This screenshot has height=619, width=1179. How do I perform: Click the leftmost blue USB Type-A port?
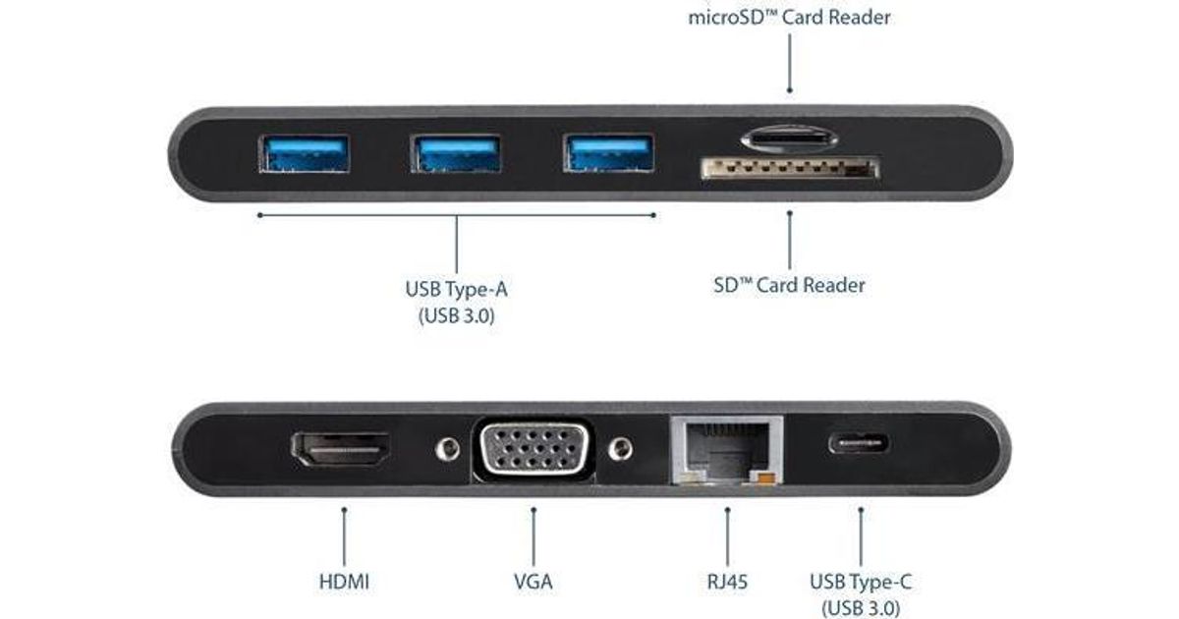(304, 154)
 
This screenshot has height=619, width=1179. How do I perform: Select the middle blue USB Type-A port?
(456, 154)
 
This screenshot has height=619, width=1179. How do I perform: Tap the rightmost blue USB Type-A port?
(609, 154)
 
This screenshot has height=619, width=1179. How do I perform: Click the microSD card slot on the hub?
(789, 135)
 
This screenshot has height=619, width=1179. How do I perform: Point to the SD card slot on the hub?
(789, 170)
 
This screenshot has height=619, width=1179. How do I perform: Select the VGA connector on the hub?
(533, 449)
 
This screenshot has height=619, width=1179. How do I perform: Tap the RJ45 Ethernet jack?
(726, 450)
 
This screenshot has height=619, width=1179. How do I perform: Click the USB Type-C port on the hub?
(860, 442)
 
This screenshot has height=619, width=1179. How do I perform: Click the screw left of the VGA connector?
(448, 449)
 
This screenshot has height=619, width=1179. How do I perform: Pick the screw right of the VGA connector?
(619, 449)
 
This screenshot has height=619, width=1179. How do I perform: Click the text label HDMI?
(344, 581)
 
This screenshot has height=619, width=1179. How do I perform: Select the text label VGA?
(533, 581)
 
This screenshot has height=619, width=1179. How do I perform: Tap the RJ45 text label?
(726, 581)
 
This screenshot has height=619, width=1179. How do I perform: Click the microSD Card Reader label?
(790, 18)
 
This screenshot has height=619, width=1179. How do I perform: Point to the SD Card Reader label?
(789, 286)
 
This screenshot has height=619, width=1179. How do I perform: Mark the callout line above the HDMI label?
(344, 535)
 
